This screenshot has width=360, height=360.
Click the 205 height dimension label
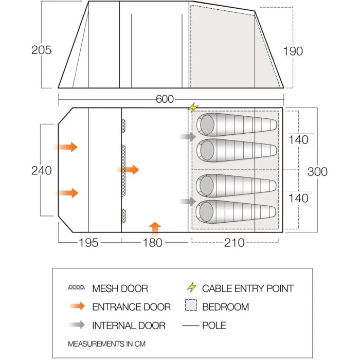coord(41,50)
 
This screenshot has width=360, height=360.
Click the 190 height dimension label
coord(293,51)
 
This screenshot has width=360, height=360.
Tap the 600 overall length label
coord(165,99)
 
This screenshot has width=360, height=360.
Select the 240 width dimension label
coord(41,171)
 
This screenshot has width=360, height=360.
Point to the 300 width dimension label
coord(317,172)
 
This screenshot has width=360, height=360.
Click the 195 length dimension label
coord(88,243)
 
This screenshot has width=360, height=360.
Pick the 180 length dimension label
coord(152,243)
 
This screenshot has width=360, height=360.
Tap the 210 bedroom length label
coord(234,243)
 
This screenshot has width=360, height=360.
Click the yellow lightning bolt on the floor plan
coord(193,107)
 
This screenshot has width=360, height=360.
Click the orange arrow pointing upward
coord(155,229)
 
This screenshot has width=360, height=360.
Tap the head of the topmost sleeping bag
coord(207,124)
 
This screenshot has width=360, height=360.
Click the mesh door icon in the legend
coord(77,287)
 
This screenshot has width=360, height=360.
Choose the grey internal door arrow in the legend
coord(77,325)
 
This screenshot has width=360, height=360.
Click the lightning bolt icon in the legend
coord(192,287)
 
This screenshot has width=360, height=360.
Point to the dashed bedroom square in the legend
coord(191,305)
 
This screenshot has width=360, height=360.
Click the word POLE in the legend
coord(214,326)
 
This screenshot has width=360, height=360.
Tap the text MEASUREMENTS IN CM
coord(107,344)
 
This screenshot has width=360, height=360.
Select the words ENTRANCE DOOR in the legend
coord(131,307)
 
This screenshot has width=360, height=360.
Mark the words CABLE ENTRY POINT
coord(248,289)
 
